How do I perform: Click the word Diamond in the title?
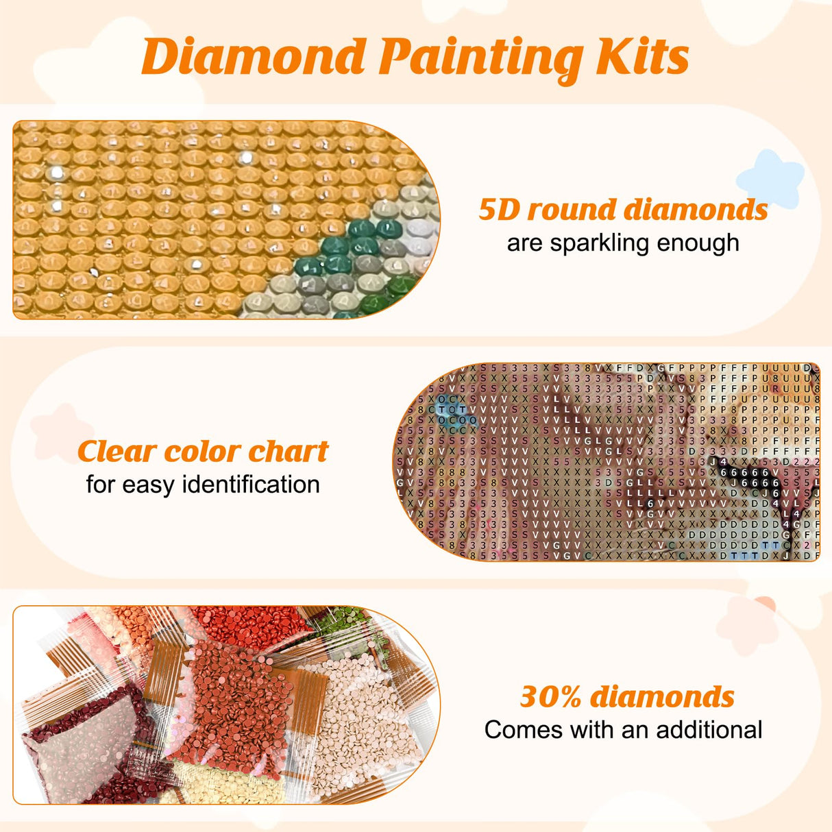point(254,57)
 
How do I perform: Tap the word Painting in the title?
point(480,58)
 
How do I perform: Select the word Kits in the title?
point(642,57)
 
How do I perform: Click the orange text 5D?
point(500,210)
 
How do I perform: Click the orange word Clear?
point(116,452)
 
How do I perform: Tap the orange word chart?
point(288,452)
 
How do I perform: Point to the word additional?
point(709,730)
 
